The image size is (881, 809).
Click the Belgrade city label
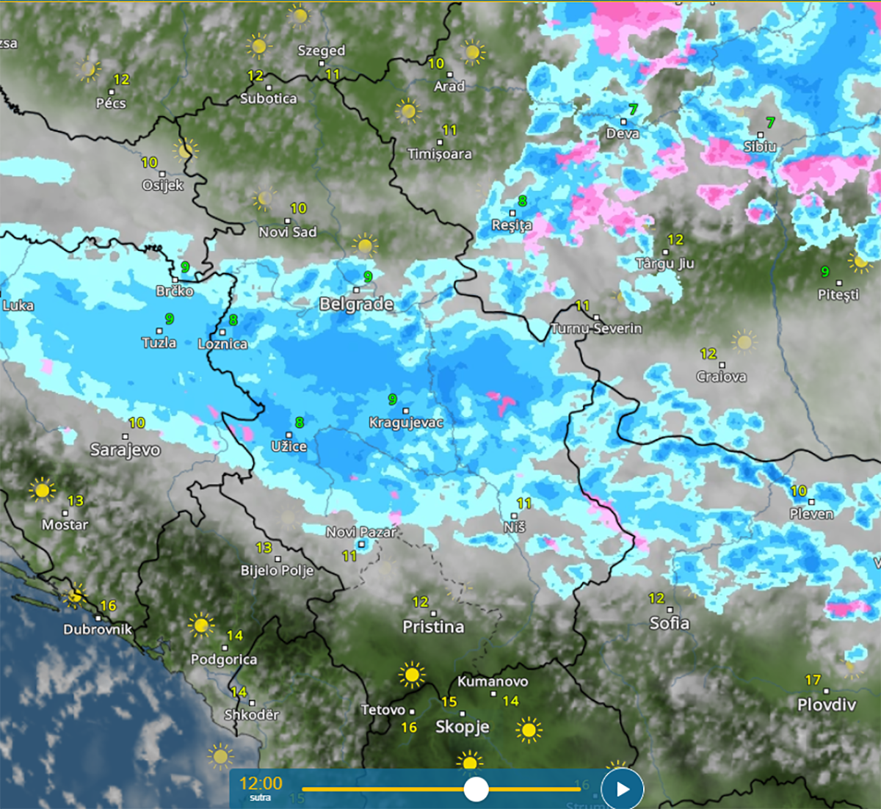point(356,304)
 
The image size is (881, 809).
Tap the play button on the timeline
point(623,789)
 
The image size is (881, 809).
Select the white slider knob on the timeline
point(476,789)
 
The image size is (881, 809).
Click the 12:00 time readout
point(261,783)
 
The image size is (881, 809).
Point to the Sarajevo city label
point(125,449)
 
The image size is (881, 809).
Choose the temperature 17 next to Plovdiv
point(813,680)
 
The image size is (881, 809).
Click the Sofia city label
point(669,623)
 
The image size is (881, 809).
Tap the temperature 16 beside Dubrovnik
point(108,606)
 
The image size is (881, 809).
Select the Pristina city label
point(433,627)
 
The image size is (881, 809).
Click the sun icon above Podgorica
point(200,625)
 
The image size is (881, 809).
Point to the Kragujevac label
point(406,423)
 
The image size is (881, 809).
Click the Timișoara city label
point(440,154)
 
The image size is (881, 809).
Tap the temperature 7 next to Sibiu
point(770,123)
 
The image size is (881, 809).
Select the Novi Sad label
point(288,232)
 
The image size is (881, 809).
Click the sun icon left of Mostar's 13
point(42,490)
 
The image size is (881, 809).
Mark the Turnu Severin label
point(596,328)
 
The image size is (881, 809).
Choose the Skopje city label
point(462,727)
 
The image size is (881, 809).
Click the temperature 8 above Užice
point(300,423)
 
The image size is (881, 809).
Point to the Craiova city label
point(721,377)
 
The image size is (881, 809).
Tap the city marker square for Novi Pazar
point(361,544)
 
